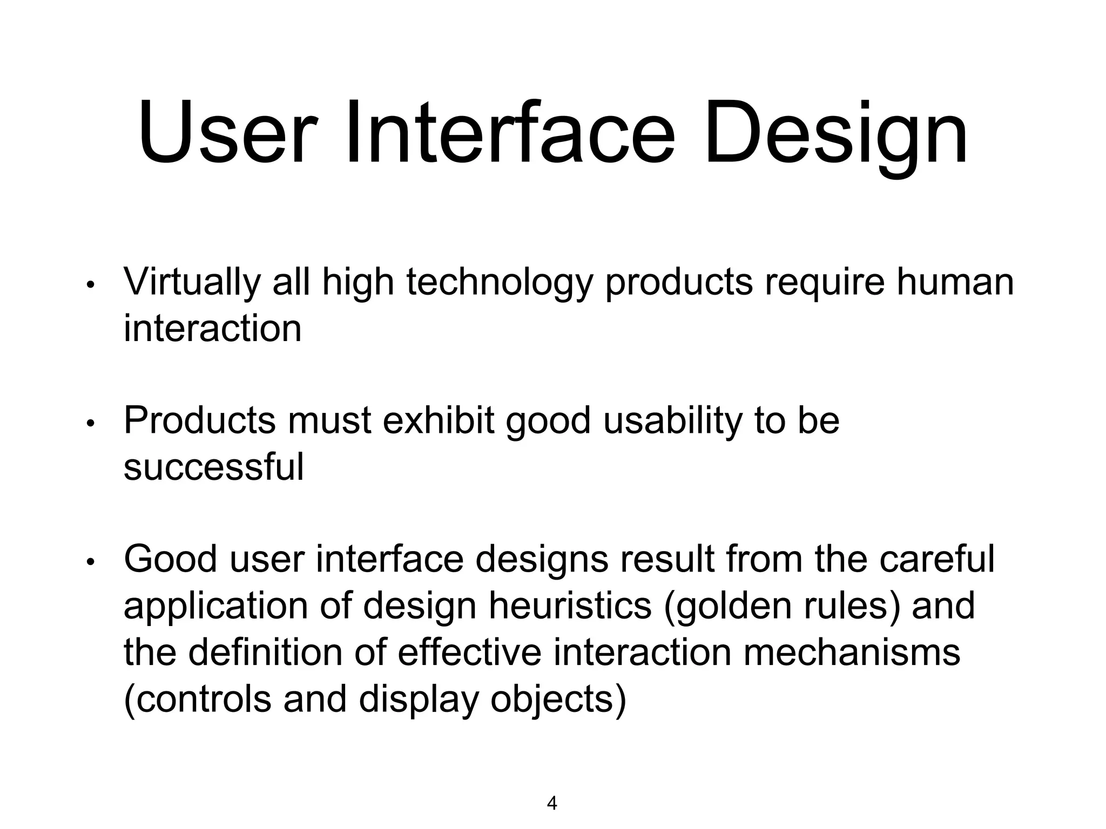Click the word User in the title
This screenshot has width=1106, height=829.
224,132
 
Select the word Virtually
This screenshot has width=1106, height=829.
192,283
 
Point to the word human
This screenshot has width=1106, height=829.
955,282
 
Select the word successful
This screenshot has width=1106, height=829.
214,467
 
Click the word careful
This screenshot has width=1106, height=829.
937,559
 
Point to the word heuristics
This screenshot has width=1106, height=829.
570,606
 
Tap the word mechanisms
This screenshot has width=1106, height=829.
852,652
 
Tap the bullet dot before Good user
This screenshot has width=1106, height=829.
91,562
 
